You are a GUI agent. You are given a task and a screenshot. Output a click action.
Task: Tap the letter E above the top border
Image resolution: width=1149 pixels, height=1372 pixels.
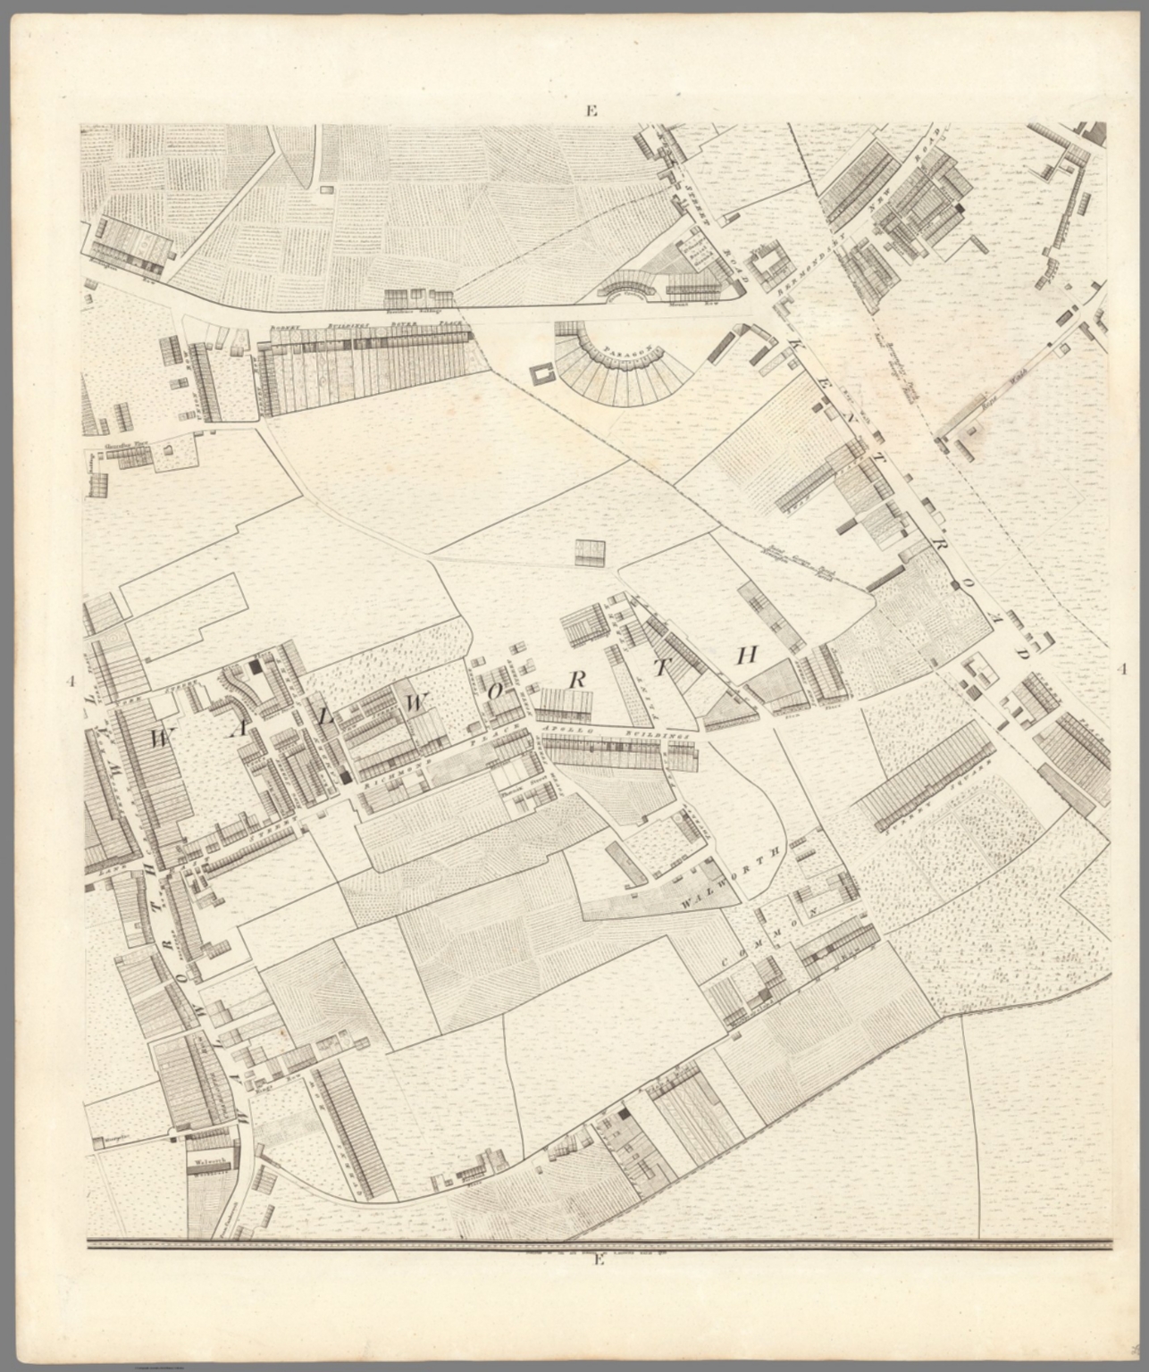[591, 111]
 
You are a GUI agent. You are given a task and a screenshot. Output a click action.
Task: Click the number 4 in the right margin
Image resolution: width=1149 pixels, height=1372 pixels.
[1122, 669]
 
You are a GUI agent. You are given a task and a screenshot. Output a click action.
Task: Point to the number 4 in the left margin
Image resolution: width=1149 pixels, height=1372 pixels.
[69, 683]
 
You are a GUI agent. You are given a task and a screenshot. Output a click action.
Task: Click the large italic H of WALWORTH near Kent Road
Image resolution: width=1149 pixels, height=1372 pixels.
[747, 656]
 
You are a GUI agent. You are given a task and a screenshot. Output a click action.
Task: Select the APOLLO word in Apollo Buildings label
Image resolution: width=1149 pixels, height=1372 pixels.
[563, 731]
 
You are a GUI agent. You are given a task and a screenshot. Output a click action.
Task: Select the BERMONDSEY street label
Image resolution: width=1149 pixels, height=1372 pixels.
[810, 269]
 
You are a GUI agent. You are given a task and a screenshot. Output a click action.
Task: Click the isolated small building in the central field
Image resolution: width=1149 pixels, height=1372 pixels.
[590, 553]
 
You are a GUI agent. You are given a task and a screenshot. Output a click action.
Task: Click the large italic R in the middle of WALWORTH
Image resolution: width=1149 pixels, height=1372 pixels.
[577, 678]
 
